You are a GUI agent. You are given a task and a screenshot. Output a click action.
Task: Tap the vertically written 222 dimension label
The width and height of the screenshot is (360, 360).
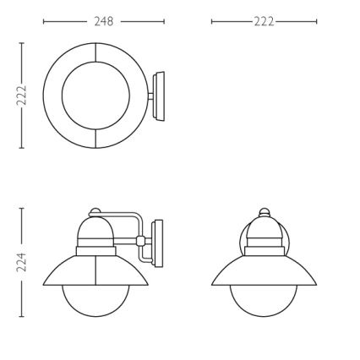[x=22, y=95]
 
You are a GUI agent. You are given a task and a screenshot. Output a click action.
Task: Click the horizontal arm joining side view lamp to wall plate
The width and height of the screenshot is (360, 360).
[x=125, y=213]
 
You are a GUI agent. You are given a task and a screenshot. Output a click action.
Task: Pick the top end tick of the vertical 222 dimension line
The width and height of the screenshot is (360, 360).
[x=22, y=42]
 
